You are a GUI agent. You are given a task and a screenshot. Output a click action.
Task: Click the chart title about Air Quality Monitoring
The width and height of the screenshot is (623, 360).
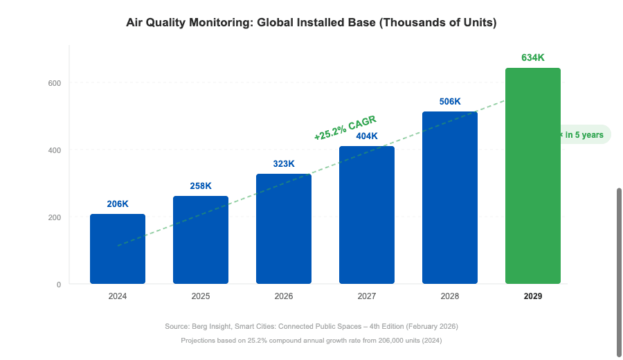311,22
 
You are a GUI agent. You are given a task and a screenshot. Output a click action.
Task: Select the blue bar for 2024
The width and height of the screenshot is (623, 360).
118,249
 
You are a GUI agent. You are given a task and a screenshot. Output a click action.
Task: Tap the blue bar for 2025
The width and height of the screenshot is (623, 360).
201,240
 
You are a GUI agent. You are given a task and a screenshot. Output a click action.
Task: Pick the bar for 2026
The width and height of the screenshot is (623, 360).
284,229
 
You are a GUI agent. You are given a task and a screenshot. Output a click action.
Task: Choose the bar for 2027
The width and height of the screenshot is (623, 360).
367,215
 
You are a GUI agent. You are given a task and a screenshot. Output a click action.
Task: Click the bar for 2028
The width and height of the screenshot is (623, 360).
450,198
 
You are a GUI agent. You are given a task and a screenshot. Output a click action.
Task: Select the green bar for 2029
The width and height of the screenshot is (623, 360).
532,176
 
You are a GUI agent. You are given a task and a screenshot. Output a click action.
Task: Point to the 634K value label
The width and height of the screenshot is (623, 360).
532,57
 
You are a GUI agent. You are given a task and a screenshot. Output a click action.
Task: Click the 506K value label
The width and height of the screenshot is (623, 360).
450,102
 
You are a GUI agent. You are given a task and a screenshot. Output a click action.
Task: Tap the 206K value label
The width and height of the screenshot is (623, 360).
118,204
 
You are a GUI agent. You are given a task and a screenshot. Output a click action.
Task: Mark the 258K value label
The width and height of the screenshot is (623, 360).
201,186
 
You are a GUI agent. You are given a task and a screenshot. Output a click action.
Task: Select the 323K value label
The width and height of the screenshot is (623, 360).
284,164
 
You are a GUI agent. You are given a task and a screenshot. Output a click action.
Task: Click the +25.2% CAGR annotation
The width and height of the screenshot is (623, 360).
345,128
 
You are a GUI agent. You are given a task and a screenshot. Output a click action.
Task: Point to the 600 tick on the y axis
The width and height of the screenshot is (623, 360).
55,83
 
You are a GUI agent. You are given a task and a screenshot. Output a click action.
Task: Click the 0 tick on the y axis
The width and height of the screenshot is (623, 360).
59,285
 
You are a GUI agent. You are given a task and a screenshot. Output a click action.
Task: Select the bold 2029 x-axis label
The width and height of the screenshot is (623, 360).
532,296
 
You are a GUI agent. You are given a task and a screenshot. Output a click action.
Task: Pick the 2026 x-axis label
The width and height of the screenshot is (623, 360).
284,296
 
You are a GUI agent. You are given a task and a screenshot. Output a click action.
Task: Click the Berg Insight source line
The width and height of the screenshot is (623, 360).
311,326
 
